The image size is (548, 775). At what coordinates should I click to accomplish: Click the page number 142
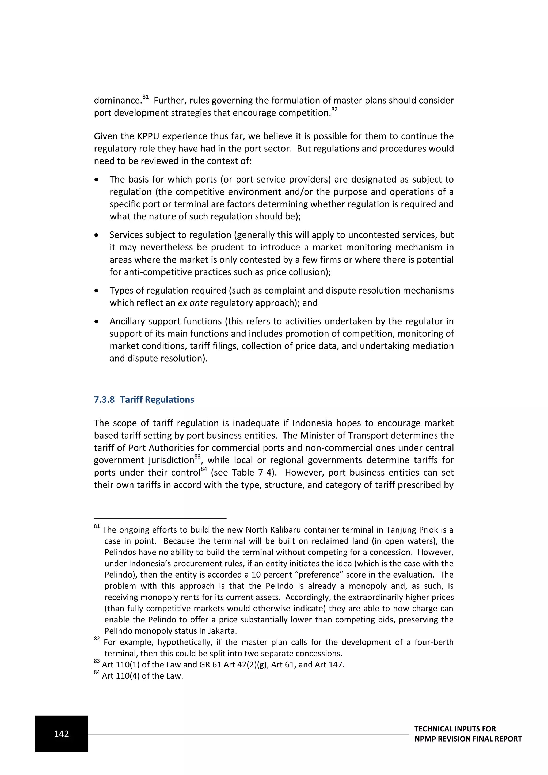pyautogui.click(x=62, y=734)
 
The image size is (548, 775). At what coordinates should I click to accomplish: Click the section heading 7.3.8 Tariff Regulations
pyautogui.click(x=144, y=400)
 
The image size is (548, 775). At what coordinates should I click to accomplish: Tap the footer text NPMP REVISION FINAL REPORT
pyautogui.click(x=468, y=739)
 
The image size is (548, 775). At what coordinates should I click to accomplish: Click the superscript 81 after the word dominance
pyautogui.click(x=146, y=97)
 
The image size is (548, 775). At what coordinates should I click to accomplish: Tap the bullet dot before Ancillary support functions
pyautogui.click(x=97, y=322)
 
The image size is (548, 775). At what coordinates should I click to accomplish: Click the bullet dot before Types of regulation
pyautogui.click(x=97, y=291)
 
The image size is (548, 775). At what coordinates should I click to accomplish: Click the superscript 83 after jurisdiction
pyautogui.click(x=197, y=457)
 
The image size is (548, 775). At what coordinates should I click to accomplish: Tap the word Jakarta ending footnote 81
pyautogui.click(x=222, y=631)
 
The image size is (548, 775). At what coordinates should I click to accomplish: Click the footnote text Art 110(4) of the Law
pyautogui.click(x=142, y=676)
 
